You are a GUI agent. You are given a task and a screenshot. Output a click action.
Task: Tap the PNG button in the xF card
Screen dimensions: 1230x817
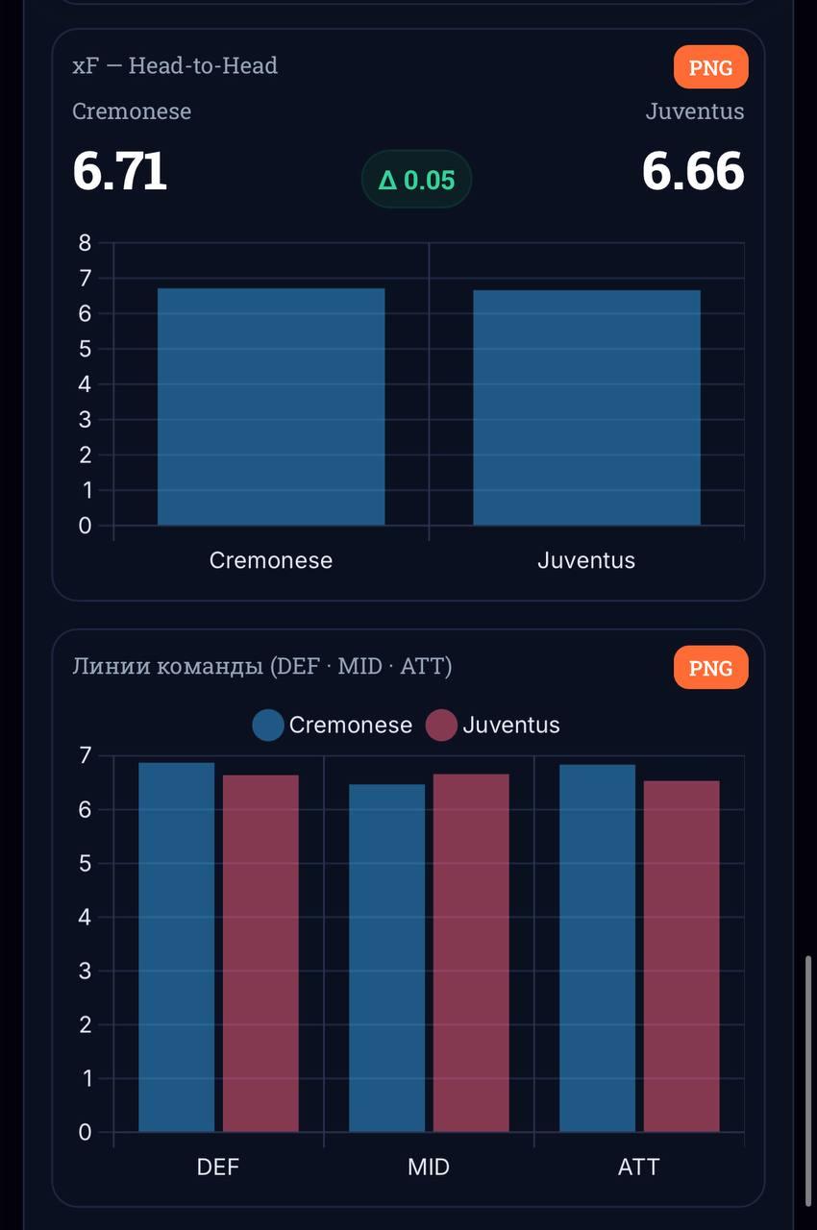point(710,67)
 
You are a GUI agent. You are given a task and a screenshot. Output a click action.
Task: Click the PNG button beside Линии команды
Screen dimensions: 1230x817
point(710,668)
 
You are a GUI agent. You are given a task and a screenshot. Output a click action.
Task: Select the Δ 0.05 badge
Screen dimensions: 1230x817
point(416,180)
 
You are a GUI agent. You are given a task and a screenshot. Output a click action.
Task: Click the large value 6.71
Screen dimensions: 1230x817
point(120,172)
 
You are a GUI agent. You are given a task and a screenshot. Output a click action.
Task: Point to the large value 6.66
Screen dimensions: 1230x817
point(693,172)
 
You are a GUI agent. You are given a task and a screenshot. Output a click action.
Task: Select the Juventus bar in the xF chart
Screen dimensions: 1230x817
point(586,407)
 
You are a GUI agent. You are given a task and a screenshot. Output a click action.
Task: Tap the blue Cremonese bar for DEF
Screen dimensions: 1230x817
point(177,947)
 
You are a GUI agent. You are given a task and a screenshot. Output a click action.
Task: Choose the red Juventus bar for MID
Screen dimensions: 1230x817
point(471,952)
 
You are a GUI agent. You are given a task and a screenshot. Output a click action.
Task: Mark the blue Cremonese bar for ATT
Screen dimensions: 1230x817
point(597,947)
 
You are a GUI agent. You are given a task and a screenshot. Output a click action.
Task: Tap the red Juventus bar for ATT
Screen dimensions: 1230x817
point(681,956)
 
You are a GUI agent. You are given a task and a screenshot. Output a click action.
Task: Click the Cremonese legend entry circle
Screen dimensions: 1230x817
point(268,726)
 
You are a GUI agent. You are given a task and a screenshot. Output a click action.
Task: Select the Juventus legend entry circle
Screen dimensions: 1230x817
point(441,726)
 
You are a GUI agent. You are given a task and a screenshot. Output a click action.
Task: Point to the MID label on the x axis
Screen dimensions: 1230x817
point(429,1167)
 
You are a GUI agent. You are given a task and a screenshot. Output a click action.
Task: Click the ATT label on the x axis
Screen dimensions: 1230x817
point(639,1167)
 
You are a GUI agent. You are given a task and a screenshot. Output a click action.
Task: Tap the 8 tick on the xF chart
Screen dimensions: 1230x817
point(85,243)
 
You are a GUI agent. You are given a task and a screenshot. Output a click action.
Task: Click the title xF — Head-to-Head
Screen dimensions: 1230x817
point(175,65)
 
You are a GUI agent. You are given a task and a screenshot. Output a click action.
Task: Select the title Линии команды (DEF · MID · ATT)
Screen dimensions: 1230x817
point(261,666)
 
